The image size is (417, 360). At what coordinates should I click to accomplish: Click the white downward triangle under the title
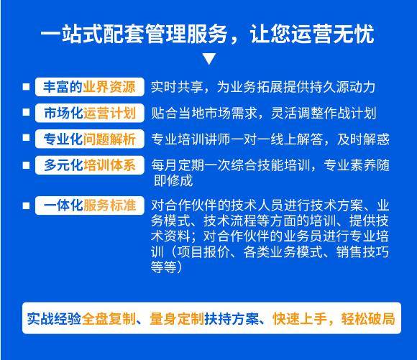tap(209, 58)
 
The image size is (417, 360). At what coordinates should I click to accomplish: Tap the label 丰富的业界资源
tap(89, 87)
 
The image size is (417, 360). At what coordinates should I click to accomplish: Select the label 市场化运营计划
tap(89, 113)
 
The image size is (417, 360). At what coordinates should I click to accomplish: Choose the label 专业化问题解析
tap(89, 139)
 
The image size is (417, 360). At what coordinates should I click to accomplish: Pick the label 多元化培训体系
tap(89, 165)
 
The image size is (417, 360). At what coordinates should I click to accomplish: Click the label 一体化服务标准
tap(89, 206)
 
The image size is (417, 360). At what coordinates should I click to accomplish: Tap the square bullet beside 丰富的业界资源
tap(26, 87)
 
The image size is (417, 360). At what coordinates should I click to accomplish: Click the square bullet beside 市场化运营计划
tap(26, 112)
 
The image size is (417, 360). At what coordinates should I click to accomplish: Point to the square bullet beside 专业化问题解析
tap(26, 138)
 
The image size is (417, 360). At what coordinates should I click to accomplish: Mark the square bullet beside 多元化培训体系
tap(26, 165)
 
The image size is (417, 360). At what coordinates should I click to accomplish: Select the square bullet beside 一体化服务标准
tap(26, 206)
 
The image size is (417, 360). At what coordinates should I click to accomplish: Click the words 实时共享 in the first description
tap(177, 87)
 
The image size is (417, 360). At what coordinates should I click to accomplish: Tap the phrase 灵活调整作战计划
tap(324, 113)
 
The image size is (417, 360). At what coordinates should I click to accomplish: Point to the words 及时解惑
tap(363, 139)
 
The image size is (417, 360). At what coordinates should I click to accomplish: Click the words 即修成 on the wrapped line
tap(173, 181)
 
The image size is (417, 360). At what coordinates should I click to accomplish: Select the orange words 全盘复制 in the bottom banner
tap(109, 318)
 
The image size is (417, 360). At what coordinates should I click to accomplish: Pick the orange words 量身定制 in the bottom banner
tap(177, 318)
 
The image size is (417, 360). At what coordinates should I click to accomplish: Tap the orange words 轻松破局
tap(368, 318)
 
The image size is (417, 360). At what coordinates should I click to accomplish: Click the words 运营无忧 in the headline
tap(333, 34)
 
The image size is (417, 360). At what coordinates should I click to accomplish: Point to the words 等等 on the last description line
tap(164, 267)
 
